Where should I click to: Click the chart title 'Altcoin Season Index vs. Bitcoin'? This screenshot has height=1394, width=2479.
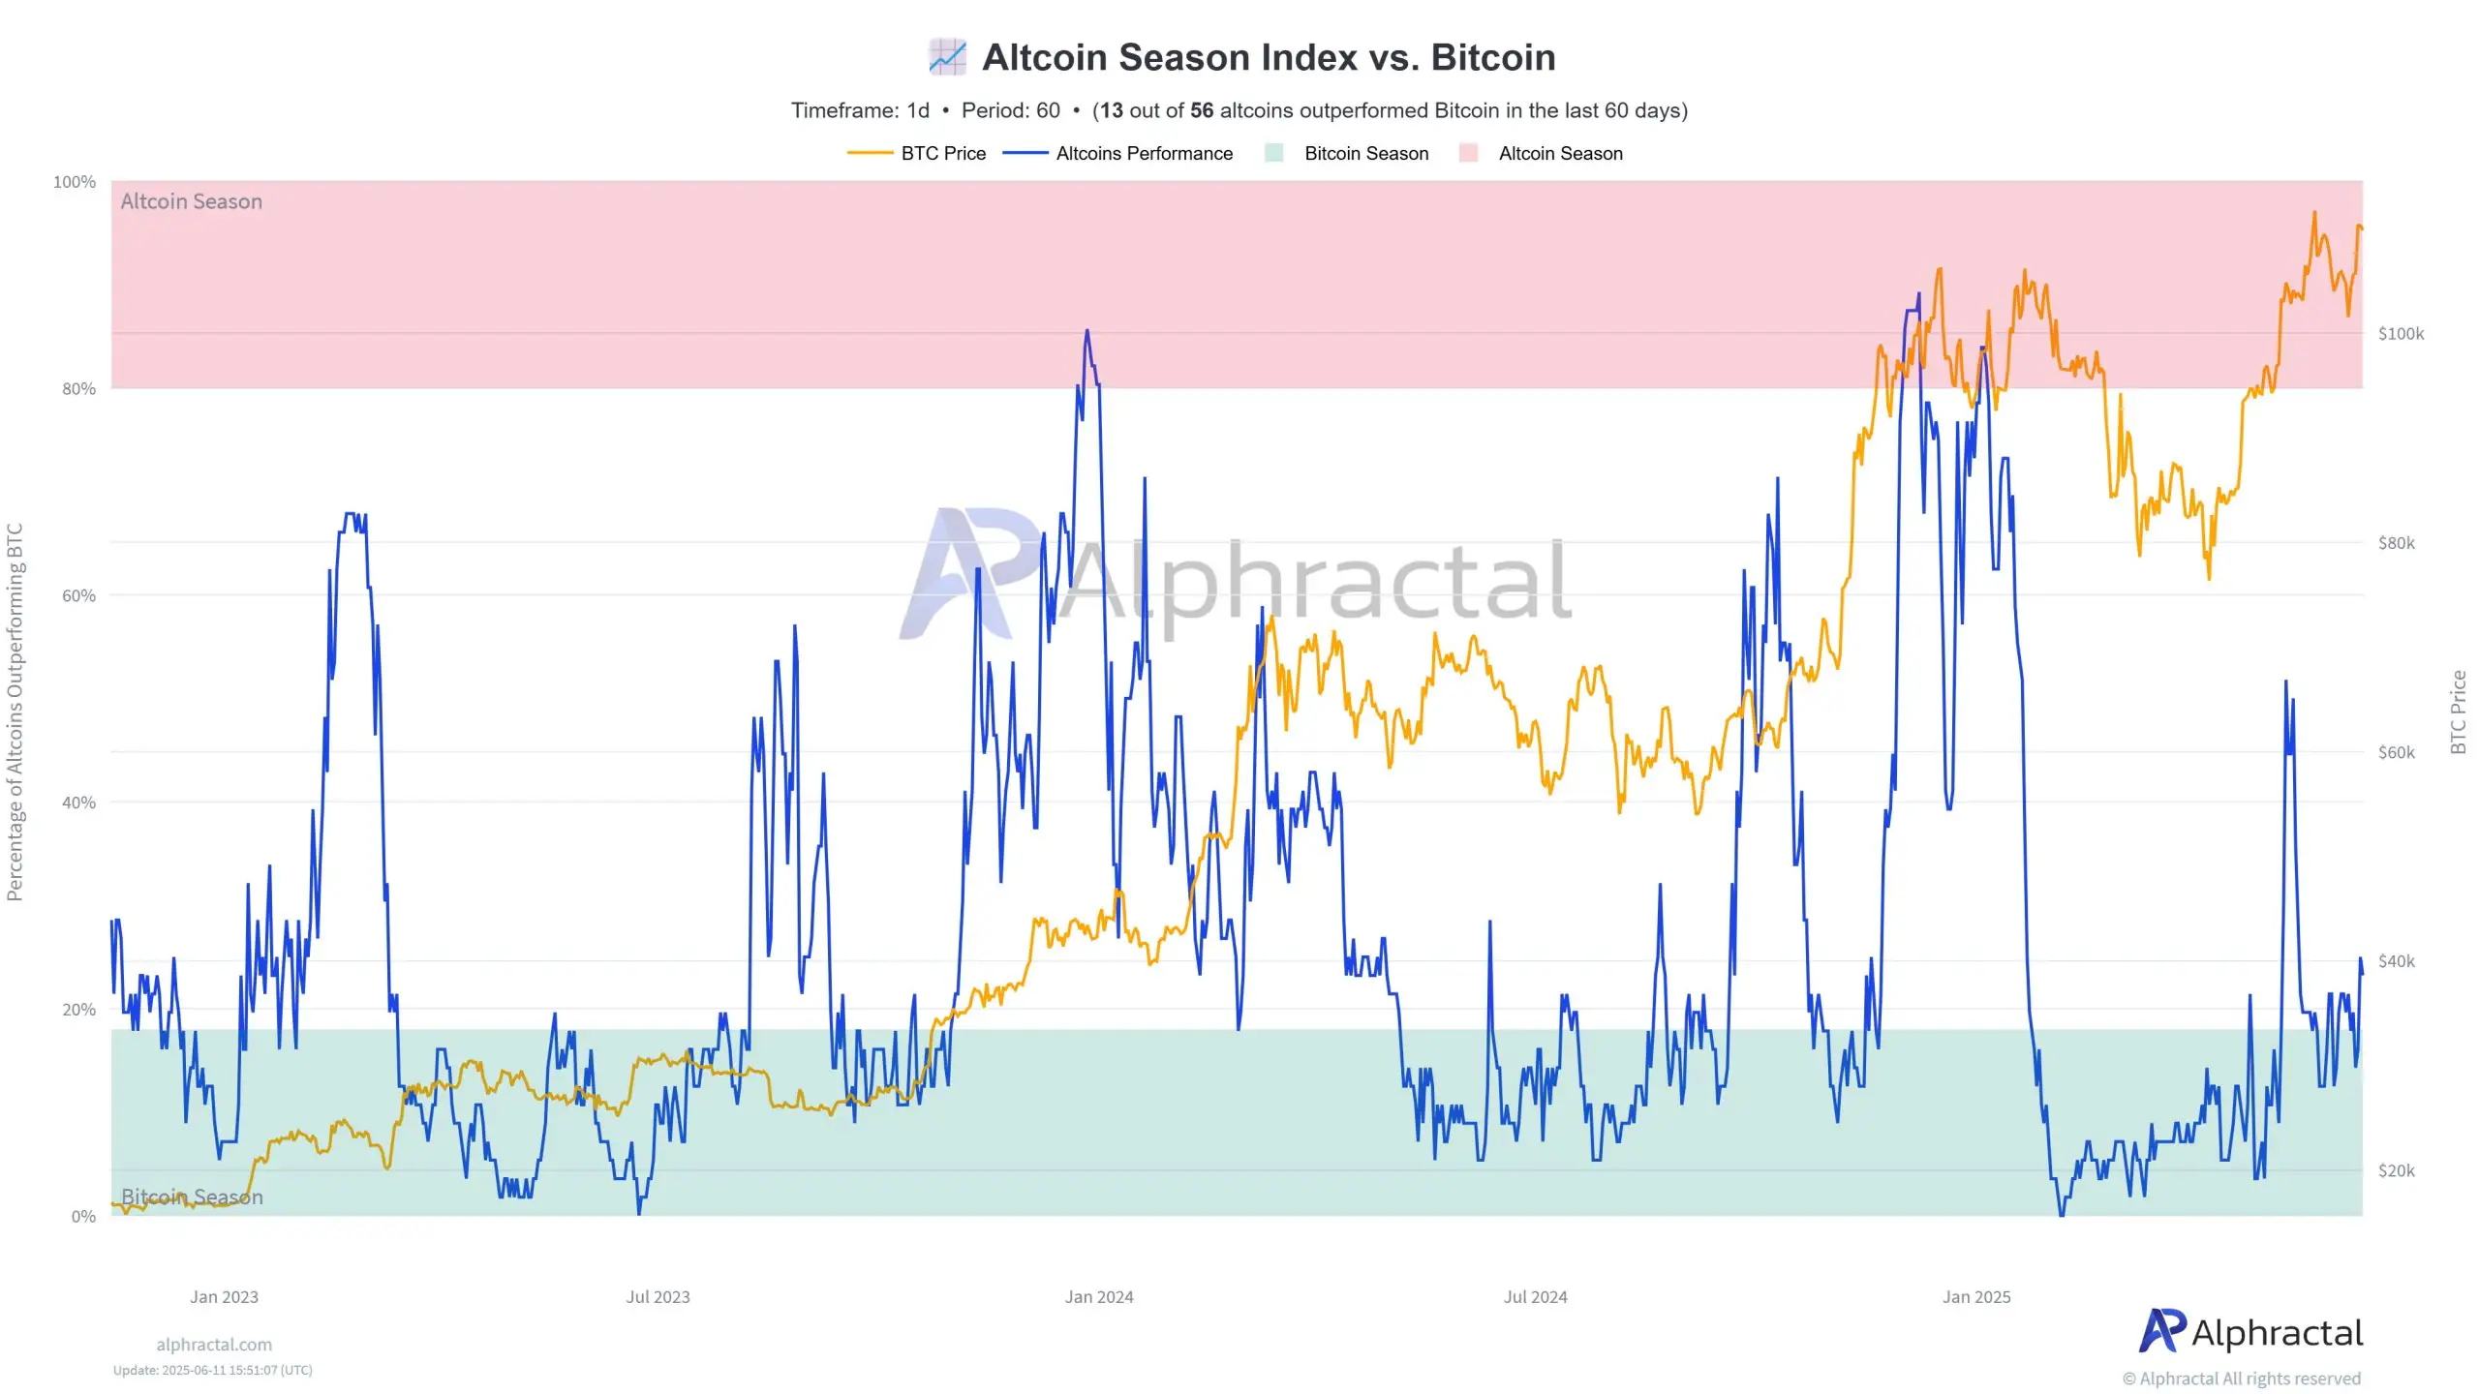coord(1269,58)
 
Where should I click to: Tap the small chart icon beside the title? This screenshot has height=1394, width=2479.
coord(947,57)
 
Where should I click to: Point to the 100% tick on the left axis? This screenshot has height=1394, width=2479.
coord(75,182)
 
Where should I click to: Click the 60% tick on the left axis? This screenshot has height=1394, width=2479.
coord(78,595)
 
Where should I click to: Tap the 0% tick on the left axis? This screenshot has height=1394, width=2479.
coord(83,1217)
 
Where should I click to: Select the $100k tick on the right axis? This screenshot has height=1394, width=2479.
coord(2401,334)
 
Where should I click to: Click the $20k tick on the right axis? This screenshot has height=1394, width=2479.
coord(2396,1171)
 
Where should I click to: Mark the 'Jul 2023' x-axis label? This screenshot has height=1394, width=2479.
coord(658,1297)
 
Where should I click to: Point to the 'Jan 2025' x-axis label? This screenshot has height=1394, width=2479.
coord(1975,1297)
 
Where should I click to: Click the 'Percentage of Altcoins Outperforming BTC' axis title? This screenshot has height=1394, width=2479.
coord(15,712)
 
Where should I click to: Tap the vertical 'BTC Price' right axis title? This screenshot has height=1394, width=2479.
coord(2458,712)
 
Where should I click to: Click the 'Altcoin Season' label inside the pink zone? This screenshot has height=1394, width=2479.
coord(192,201)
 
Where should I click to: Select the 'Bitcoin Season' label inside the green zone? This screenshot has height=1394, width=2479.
coord(192,1197)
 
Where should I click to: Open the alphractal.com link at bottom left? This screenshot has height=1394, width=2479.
coord(214,1345)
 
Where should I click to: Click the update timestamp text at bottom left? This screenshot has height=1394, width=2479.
coord(212,1371)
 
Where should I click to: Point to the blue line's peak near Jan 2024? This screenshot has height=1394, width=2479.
coord(1086,331)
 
